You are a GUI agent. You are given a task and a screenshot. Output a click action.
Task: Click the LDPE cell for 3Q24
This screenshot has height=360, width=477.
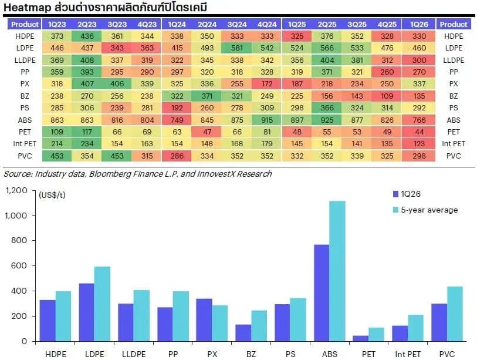pyautogui.click(x=236, y=48)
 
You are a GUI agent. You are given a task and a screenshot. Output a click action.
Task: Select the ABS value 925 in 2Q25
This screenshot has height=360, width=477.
pyautogui.click(x=327, y=120)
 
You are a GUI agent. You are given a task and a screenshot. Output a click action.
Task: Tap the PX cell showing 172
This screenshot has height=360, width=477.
pyautogui.click(x=267, y=84)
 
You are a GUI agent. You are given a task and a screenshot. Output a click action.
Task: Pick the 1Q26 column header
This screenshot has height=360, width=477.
pyautogui.click(x=419, y=24)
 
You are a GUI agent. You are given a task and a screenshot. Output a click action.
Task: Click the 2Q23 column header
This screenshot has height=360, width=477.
pyautogui.click(x=87, y=24)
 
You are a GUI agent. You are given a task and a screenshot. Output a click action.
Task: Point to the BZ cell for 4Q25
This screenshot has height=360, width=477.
pyautogui.click(x=387, y=96)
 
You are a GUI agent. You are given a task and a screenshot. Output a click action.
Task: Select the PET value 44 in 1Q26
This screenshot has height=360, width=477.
pyautogui.click(x=419, y=132)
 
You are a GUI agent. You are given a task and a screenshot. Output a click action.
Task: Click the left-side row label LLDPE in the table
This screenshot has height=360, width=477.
pyautogui.click(x=25, y=60)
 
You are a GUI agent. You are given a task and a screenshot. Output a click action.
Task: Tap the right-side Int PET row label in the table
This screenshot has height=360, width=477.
pyautogui.click(x=454, y=144)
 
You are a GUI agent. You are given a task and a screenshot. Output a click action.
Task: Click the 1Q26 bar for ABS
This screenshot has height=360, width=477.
pyautogui.click(x=322, y=293)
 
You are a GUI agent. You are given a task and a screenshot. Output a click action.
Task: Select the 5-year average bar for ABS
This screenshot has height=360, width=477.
pyautogui.click(x=337, y=271)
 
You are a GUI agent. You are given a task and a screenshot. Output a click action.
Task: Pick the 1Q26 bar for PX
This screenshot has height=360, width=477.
pyautogui.click(x=204, y=320)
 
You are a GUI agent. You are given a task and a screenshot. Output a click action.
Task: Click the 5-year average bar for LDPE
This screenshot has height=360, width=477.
pyautogui.click(x=102, y=304)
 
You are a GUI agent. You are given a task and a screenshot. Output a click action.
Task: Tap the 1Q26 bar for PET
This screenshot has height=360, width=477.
pyautogui.click(x=361, y=338)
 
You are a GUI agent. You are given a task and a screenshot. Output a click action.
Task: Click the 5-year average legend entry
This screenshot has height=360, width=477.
pyautogui.click(x=425, y=210)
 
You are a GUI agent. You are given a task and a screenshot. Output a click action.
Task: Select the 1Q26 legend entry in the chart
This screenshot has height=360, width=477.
pyautogui.click(x=407, y=194)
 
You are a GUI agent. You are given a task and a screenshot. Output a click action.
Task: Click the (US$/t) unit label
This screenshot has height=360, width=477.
pyautogui.click(x=52, y=195)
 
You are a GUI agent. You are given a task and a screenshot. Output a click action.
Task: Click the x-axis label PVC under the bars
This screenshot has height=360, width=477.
pyautogui.click(x=447, y=354)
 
